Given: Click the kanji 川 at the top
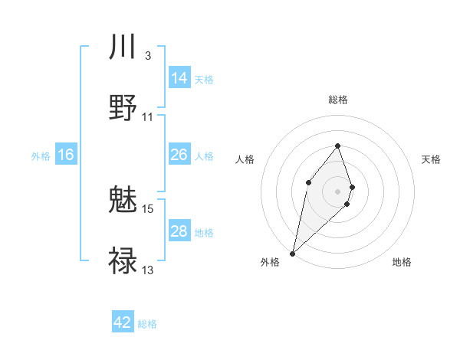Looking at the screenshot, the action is pos(123,47).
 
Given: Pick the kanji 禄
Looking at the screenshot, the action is pos(123,260).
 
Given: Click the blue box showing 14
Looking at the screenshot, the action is pos(179,78).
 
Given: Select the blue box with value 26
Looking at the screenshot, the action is pos(179,155).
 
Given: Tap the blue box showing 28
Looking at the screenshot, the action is pos(179,231).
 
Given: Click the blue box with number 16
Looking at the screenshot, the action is pos(66,155).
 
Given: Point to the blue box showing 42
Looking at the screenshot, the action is pos(123,322).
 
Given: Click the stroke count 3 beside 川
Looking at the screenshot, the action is pos(147,56).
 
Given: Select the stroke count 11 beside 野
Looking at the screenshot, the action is pos(148,117).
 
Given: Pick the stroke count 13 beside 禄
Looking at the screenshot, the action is pos(148,270).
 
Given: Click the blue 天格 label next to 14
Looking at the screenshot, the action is pos(204,79).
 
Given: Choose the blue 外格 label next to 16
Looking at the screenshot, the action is pos(41,155).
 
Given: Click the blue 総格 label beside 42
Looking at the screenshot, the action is pos(147,324).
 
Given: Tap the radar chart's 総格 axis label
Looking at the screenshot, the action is pos(338,100).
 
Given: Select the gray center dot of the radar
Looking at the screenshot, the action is pos(337,191).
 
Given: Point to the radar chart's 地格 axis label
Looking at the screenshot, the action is pos(402,263).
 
